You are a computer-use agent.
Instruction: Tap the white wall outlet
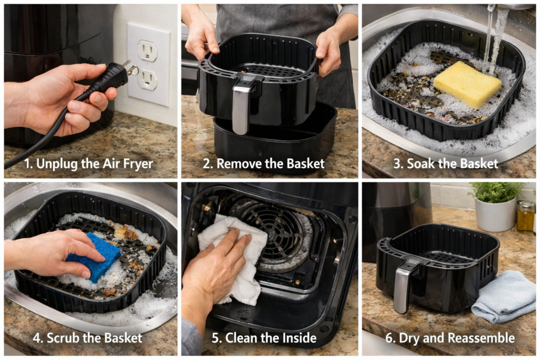pos(148,63)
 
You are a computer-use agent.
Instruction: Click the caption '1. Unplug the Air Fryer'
pos(89,163)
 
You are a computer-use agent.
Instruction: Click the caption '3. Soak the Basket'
pos(446,163)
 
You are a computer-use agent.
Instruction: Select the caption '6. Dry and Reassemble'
pos(450,338)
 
